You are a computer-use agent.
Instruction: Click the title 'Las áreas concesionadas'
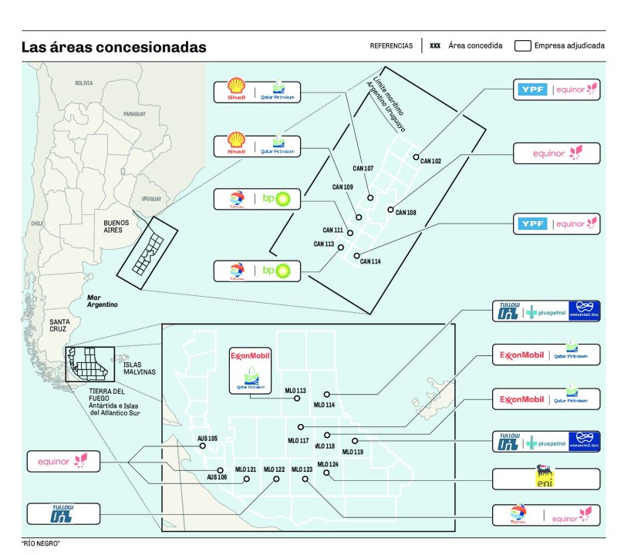point(113,48)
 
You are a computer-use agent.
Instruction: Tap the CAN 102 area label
point(430,161)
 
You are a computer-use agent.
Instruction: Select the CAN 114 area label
point(370,261)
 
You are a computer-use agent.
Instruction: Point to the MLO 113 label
point(295,391)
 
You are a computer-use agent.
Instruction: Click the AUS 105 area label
point(207,438)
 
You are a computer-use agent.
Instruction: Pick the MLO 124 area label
point(328,464)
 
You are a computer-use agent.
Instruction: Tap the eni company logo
point(546,478)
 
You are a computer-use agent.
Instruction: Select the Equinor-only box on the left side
point(64,462)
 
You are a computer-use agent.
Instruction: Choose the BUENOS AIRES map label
point(119,226)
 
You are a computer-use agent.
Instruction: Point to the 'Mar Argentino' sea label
point(102,301)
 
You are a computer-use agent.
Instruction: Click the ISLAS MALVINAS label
point(139,367)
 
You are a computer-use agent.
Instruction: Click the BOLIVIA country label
point(83,82)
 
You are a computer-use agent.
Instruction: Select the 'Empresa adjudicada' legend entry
point(559,45)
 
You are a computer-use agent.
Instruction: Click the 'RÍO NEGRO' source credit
point(41,543)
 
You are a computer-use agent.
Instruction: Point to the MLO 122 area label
point(274,469)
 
